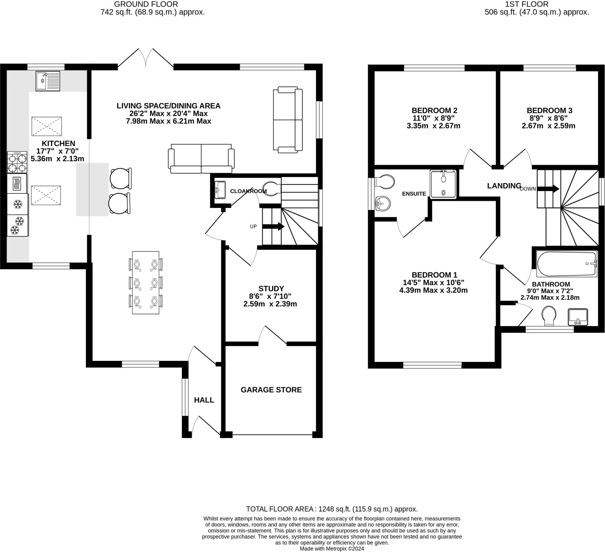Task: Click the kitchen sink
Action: pyautogui.click(x=48, y=81)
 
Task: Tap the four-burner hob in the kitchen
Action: pyautogui.click(x=17, y=162)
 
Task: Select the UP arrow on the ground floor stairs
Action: pyautogui.click(x=273, y=226)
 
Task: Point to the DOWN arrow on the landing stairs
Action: pyautogui.click(x=548, y=189)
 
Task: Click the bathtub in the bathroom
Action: pyautogui.click(x=567, y=264)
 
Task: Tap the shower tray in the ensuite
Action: pyautogui.click(x=443, y=184)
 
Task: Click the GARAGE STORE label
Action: pyautogui.click(x=271, y=390)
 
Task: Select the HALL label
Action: pyautogui.click(x=204, y=400)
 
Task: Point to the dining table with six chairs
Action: pyautogui.click(x=146, y=283)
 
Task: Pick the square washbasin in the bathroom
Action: pyautogui.click(x=578, y=317)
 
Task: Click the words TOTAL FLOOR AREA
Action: pyautogui.click(x=280, y=509)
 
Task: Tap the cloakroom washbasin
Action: pyautogui.click(x=220, y=190)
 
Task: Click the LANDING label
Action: pyautogui.click(x=504, y=186)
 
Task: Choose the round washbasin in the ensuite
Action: pyautogui.click(x=383, y=203)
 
